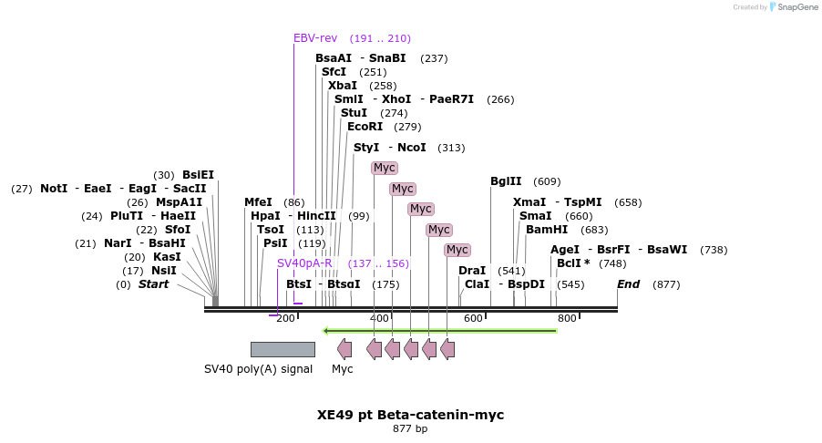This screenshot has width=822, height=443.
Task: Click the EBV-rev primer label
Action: (315, 38)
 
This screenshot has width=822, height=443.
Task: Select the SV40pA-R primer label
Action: (304, 263)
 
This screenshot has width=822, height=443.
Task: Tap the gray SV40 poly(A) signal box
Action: (283, 349)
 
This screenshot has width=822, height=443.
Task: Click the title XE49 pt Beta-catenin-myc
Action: (410, 415)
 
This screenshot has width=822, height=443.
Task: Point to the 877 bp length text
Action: (410, 428)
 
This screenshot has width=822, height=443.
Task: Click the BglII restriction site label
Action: (506, 181)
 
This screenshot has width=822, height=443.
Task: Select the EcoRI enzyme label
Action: (365, 127)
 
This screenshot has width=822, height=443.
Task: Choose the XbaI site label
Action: (343, 86)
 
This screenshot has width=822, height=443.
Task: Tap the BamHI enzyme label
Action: (547, 230)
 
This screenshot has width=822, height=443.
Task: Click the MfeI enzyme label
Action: (258, 202)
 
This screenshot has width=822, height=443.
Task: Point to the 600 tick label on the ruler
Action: (473, 318)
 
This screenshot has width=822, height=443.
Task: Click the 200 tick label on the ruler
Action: (285, 318)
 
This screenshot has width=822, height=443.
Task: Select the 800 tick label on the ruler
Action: (567, 318)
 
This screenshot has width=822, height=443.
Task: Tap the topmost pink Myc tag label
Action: (385, 168)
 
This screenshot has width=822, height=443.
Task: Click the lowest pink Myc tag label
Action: (457, 250)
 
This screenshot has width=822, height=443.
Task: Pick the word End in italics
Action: (628, 284)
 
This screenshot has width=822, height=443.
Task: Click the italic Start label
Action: (153, 284)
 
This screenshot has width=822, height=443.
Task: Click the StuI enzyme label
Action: (354, 113)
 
